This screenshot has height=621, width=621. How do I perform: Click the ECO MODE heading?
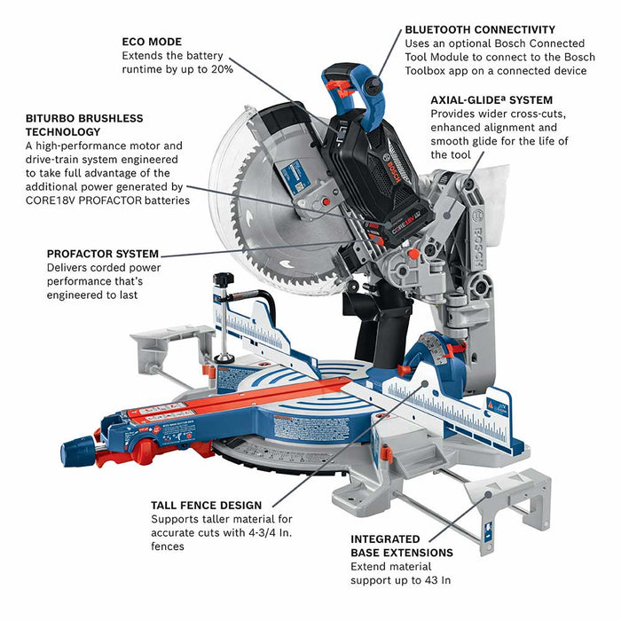click(x=152, y=42)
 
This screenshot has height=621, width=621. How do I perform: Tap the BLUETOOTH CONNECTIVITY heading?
click(x=480, y=29)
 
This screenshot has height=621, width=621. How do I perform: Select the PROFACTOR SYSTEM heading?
click(x=103, y=254)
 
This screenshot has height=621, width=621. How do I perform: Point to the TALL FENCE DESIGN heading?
click(x=207, y=506)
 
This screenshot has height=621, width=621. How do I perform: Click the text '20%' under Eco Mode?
click(x=222, y=69)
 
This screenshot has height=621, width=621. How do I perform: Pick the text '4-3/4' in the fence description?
click(x=263, y=532)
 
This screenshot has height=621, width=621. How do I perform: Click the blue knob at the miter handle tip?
click(x=77, y=451)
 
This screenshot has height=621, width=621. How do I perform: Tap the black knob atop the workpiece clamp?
click(x=224, y=279)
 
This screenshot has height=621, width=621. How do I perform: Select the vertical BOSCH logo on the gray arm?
click(x=477, y=242)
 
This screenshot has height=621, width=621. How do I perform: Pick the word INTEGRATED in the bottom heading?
click(x=385, y=539)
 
